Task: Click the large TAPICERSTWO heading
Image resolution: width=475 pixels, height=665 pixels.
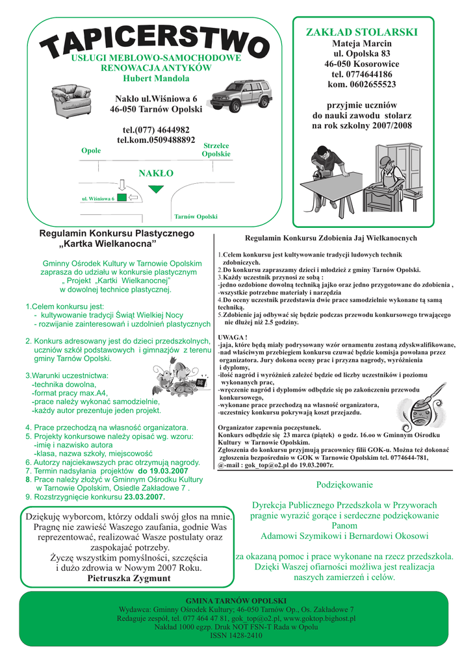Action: pos(155,39)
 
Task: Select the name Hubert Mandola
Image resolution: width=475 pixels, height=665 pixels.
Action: pos(156,79)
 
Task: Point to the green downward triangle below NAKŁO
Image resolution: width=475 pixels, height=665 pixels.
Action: pos(155,188)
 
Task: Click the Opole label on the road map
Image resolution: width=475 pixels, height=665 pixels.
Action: pos(91,151)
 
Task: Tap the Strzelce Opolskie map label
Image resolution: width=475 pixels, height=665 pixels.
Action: pos(216,150)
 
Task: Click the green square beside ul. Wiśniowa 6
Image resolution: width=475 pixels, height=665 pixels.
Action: pos(121,198)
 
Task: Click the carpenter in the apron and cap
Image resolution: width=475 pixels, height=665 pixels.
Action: pos(389,179)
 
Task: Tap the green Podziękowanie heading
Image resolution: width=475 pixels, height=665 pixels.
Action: pos(344,485)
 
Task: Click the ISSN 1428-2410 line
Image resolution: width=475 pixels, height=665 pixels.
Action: pos(236,636)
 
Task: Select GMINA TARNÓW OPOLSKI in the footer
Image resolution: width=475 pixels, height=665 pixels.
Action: pos(236,601)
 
